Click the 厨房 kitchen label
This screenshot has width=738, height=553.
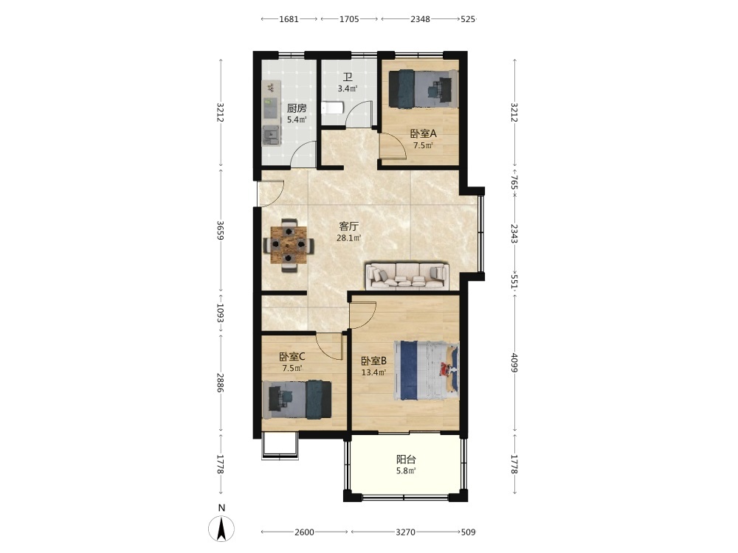(297, 108)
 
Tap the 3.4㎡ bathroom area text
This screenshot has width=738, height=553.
(348, 88)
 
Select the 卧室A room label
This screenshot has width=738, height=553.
(424, 133)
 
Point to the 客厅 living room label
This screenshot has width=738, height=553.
(349, 226)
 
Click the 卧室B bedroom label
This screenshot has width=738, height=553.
(373, 361)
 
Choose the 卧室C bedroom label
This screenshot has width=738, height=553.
(292, 357)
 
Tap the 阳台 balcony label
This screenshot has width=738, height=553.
(406, 459)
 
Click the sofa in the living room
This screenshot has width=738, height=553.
(407, 275)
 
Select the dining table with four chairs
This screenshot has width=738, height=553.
(289, 245)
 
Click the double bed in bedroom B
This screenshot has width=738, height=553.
(427, 371)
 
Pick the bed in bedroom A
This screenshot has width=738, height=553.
(423, 89)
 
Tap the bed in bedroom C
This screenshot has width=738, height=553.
(297, 399)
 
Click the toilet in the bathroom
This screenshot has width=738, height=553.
(333, 108)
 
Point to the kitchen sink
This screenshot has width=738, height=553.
(271, 136)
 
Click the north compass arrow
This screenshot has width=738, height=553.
(221, 528)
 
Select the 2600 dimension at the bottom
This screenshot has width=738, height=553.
(304, 532)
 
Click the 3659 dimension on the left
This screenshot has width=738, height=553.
(220, 230)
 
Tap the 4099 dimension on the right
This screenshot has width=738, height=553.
(514, 363)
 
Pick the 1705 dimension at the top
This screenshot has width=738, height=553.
(349, 19)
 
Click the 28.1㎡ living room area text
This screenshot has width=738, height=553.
(349, 238)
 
